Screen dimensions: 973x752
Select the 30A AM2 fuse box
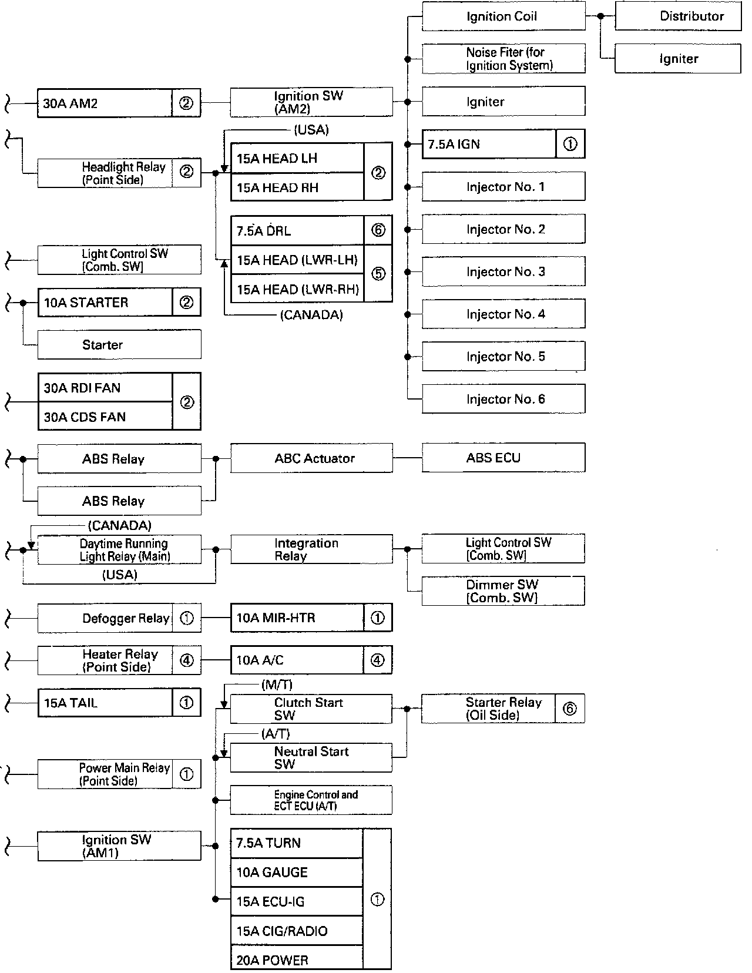click(x=105, y=103)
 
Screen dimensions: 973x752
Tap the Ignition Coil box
click(x=503, y=16)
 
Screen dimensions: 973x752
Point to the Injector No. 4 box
click(x=503, y=314)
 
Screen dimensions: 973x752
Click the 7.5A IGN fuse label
click(x=488, y=144)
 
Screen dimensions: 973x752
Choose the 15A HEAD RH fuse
click(x=297, y=187)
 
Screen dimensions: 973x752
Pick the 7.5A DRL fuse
click(x=297, y=231)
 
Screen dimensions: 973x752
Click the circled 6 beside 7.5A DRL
click(x=378, y=230)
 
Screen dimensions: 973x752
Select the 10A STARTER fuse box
click(x=105, y=303)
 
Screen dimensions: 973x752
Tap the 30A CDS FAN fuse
click(x=105, y=417)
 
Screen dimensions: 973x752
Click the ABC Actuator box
click(x=311, y=458)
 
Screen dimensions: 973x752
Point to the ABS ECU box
click(x=503, y=458)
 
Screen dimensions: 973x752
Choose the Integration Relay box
click(x=311, y=549)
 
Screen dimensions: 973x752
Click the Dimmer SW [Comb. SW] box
click(x=503, y=591)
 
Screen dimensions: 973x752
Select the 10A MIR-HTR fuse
click(x=297, y=618)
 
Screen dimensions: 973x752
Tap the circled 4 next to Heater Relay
click(x=186, y=660)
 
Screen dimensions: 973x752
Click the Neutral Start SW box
click(x=311, y=757)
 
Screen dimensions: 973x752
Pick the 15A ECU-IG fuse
click(x=297, y=901)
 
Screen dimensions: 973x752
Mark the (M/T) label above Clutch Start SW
click(x=277, y=685)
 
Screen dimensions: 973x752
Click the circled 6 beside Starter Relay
click(x=569, y=709)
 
